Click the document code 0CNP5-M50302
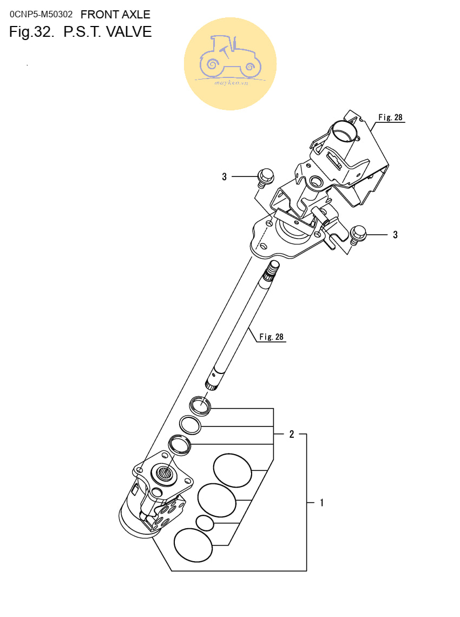point(41,15)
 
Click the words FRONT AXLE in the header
point(115,15)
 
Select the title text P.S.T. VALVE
point(108,32)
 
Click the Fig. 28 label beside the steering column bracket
point(390,117)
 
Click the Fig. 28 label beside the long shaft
point(272,337)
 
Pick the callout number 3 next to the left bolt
point(224,176)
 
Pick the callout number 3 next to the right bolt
point(396,235)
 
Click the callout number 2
point(292,434)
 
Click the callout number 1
point(322,502)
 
